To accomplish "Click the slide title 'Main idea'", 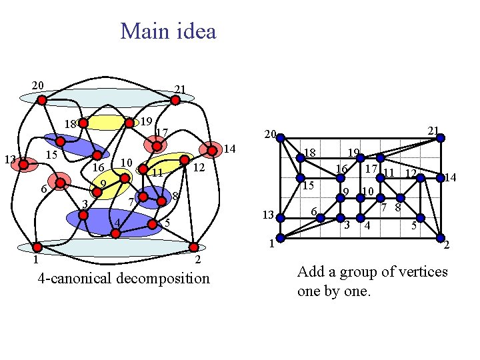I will pos(168,31).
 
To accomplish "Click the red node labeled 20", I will pos(41,101).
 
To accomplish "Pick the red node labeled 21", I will pos(175,101).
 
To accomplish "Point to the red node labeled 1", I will pos(38,247).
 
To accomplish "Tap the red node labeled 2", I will pos(194,248).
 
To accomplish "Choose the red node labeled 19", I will pos(129,123).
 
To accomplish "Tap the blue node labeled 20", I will pos(281,139).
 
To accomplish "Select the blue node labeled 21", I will pos(440,139).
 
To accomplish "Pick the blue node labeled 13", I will pos(281,217).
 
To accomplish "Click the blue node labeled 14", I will pos(440,177).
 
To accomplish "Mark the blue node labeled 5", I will pos(420,217).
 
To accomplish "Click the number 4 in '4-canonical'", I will pos(42,277).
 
